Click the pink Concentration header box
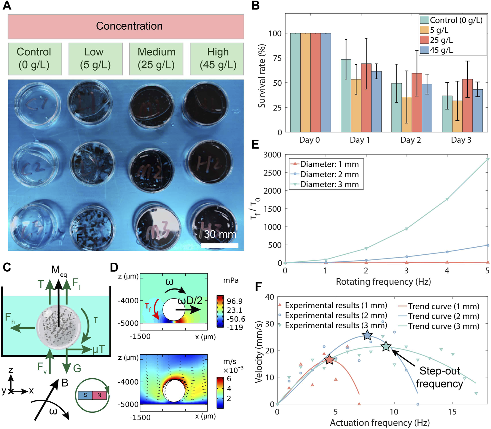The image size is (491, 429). [x=126, y=26]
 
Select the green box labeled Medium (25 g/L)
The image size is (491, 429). [x=156, y=58]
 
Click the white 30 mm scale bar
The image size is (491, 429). [x=219, y=245]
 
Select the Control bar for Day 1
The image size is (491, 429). [x=346, y=95]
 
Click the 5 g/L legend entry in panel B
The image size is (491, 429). [x=439, y=30]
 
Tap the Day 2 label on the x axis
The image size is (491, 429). [x=410, y=140]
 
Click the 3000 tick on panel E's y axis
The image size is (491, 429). [x=272, y=155]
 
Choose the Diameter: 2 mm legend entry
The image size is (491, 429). [x=329, y=174]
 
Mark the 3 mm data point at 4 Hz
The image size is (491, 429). [x=447, y=199]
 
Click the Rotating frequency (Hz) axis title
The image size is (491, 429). [x=383, y=281]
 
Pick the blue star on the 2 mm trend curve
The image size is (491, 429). [x=367, y=335]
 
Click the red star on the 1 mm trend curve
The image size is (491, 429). [x=329, y=360]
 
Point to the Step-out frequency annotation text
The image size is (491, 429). [x=439, y=377]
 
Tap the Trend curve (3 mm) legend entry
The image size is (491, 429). [x=443, y=326]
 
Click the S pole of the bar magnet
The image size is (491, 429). [x=85, y=395]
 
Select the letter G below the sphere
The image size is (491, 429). [x=77, y=369]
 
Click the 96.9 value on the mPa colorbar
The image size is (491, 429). [x=235, y=301]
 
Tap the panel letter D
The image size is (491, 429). [x=114, y=267]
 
